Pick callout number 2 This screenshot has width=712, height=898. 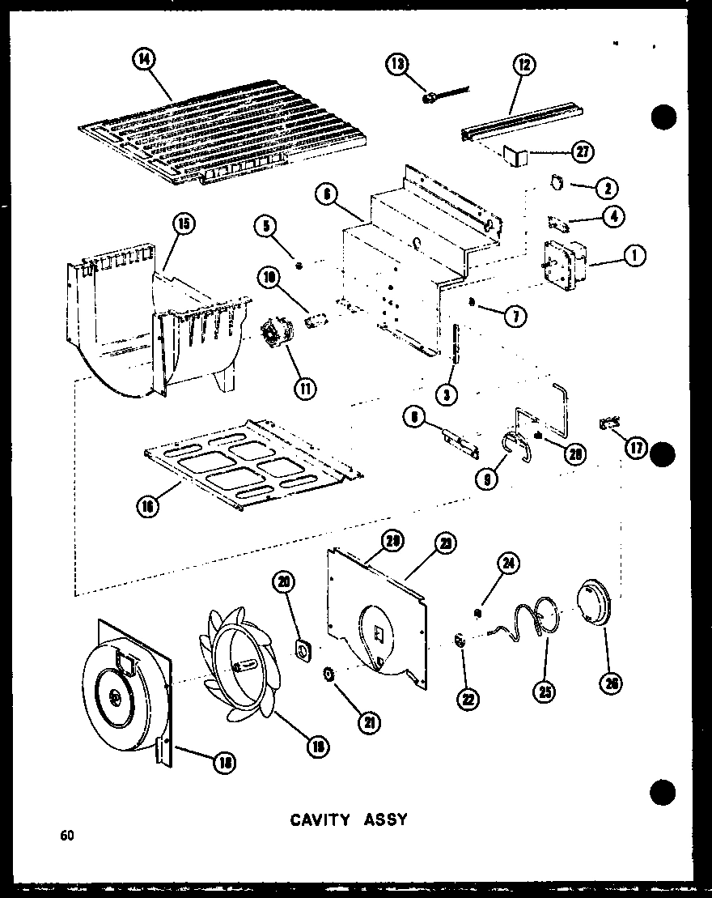point(606,189)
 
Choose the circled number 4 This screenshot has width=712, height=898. point(612,218)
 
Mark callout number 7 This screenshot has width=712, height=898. point(515,316)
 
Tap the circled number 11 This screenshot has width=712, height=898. point(304,387)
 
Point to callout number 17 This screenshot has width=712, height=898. point(635,447)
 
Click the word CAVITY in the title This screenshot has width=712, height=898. point(319,819)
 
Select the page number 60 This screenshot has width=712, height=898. point(66,835)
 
